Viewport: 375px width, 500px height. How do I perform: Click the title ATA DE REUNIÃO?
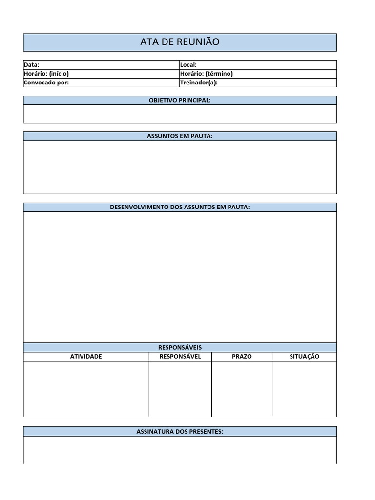180,42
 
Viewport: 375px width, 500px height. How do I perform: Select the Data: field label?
31,65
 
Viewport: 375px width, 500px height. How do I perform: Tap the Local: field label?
188,65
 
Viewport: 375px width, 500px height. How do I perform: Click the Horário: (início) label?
46,74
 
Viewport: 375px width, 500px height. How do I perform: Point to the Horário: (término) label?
206,74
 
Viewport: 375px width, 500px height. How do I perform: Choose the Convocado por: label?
46,83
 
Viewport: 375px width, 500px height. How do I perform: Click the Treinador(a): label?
199,83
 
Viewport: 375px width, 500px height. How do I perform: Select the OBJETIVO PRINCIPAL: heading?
180,100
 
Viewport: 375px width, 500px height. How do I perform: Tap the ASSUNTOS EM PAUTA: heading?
180,136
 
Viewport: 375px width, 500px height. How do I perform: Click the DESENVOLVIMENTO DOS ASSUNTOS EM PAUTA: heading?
180,207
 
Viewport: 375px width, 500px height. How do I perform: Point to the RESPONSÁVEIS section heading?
180,347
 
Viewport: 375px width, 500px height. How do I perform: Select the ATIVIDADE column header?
86,356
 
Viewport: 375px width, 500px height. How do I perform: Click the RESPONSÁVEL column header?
180,356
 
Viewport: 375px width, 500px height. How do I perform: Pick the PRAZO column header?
242,356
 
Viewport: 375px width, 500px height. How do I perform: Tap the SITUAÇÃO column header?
304,356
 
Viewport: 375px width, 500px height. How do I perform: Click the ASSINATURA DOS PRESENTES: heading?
180,432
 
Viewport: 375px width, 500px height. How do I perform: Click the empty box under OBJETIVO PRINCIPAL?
180,114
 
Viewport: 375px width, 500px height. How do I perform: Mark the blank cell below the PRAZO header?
242,389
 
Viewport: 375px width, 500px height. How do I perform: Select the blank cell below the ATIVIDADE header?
86,389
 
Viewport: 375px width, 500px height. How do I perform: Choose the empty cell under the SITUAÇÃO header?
304,389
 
